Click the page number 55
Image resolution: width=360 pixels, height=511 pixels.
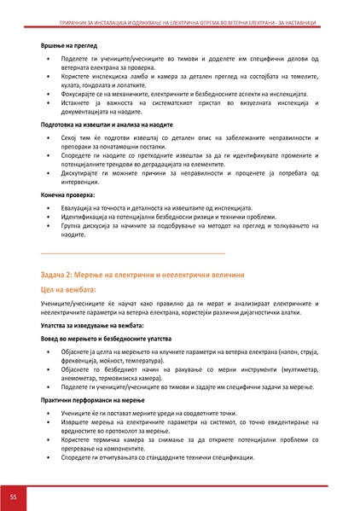tap(14, 496)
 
